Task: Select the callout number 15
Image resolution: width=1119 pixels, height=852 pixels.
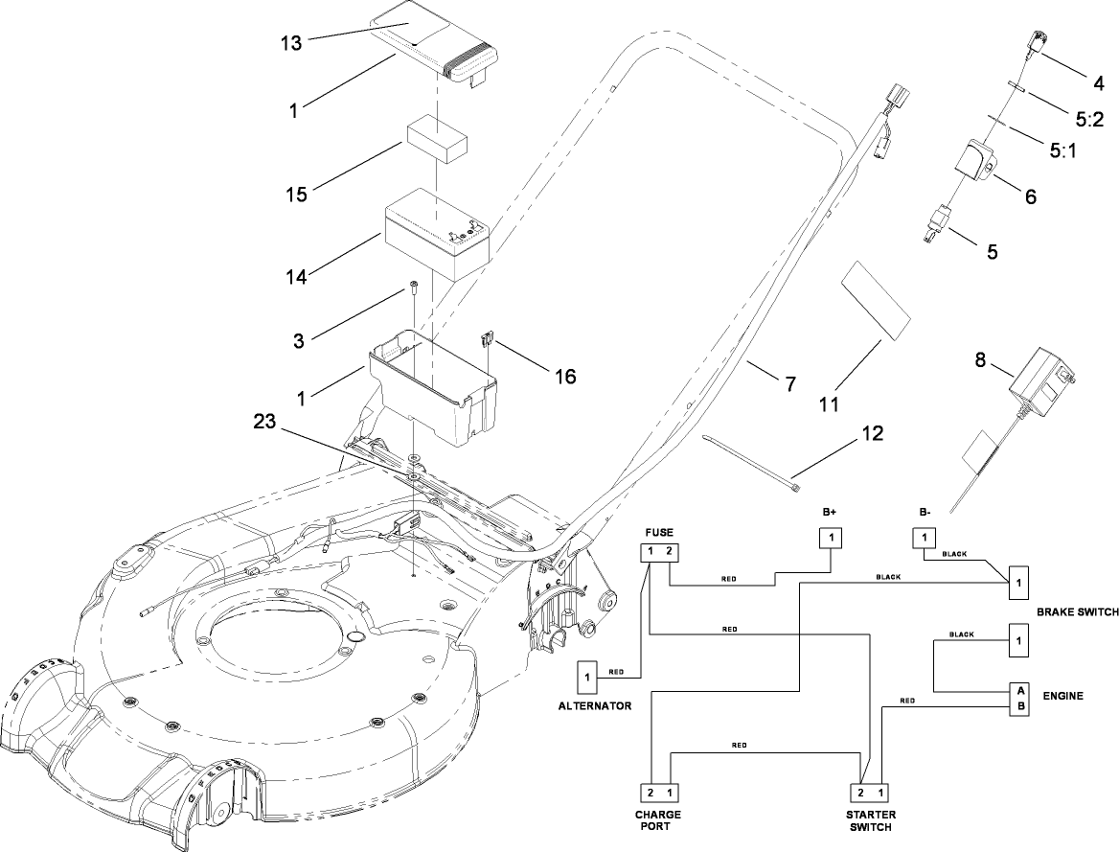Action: pyautogui.click(x=296, y=194)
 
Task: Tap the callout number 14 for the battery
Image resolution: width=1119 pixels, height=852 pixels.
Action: pyautogui.click(x=295, y=278)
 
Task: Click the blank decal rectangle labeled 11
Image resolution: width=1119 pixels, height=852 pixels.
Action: pyautogui.click(x=875, y=298)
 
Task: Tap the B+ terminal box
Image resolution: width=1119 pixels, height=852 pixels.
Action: pyautogui.click(x=831, y=539)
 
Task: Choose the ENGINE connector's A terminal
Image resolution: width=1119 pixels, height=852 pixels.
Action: pyautogui.click(x=1019, y=690)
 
